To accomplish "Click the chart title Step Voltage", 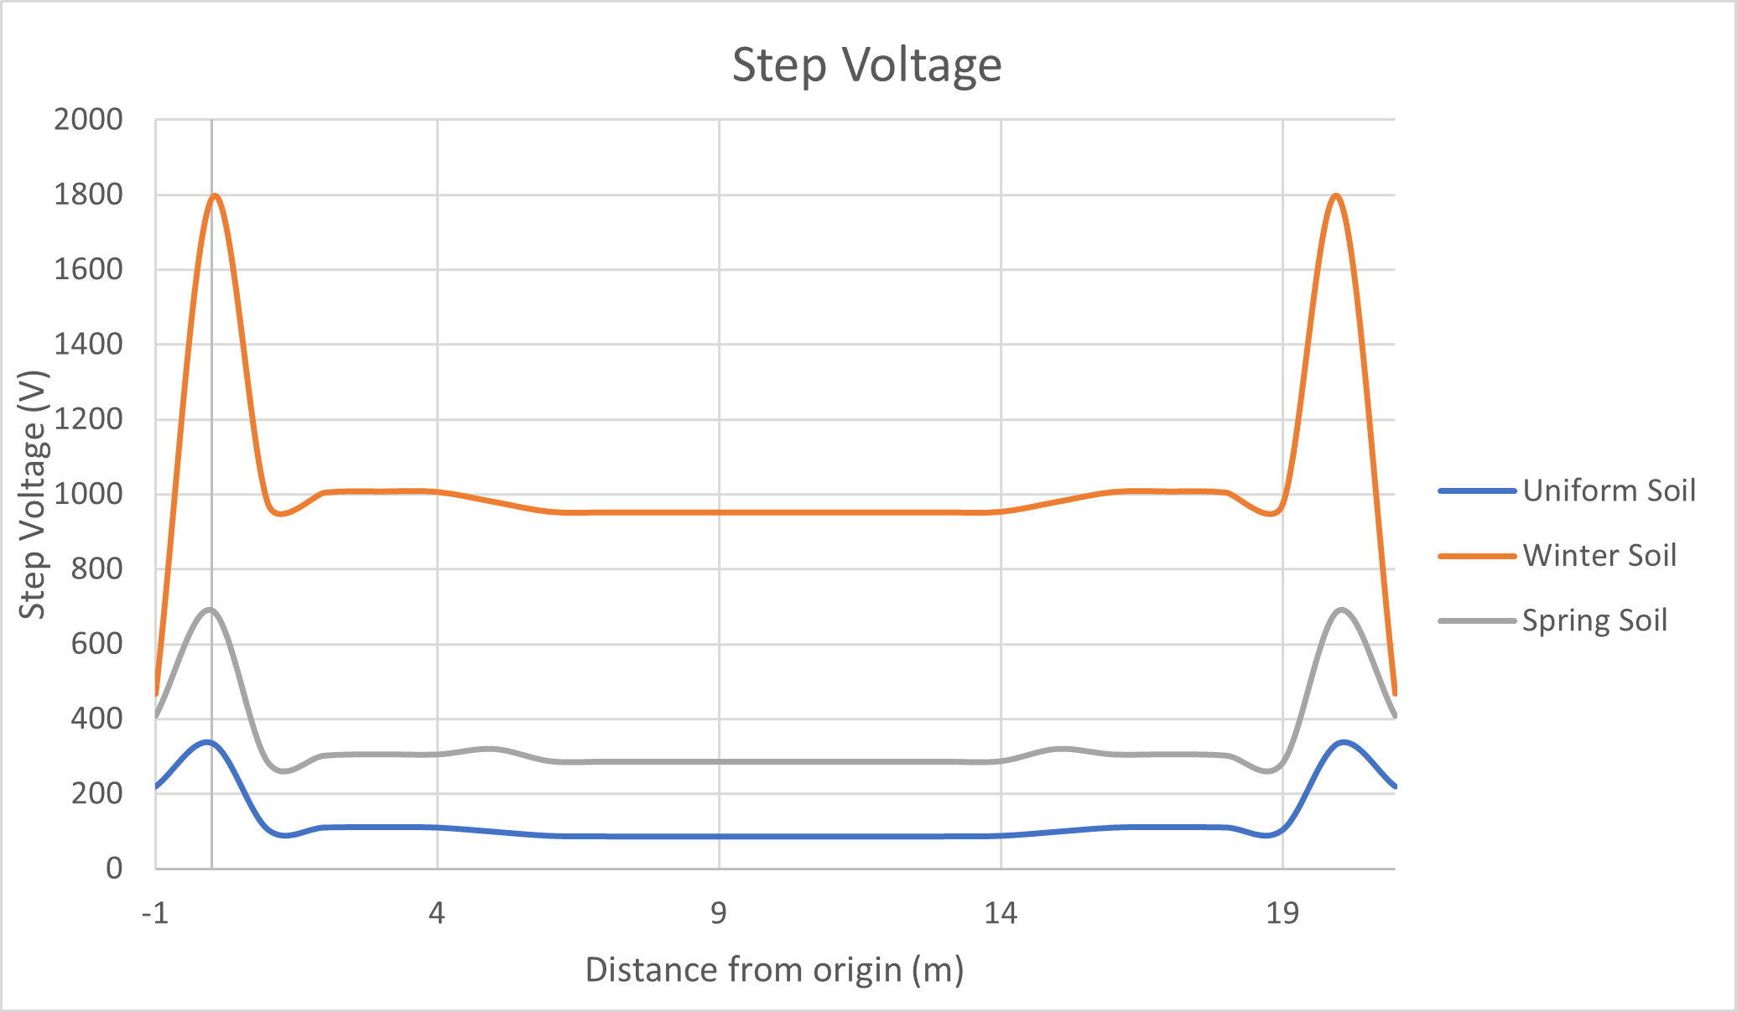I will coord(866,65).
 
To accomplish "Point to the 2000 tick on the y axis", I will coord(88,120).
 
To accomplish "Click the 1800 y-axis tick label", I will coord(88,195).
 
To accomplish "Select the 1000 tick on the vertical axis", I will coord(88,494).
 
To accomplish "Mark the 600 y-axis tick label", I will coord(96,644).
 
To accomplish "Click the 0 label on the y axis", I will coord(114,868).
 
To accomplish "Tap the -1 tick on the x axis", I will coord(155,912).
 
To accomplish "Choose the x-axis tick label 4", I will coord(436,912).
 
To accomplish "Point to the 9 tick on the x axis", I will coord(719,912).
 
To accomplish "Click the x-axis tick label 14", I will coord(1000,912).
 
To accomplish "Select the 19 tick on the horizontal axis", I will coord(1282,912).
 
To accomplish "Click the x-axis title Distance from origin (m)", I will coord(774,969).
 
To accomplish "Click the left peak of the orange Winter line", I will coord(216,195).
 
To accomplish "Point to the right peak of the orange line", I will coord(1335,195).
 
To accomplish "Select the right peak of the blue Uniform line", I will coord(1344,742).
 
